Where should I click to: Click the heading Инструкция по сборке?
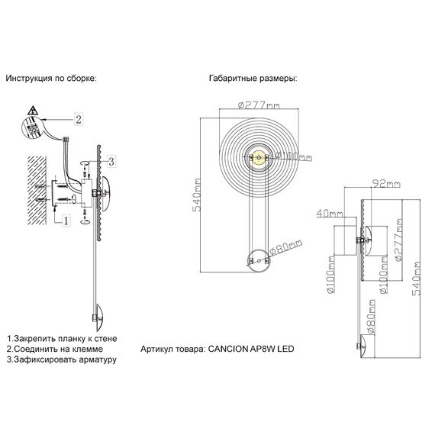tap(51, 79)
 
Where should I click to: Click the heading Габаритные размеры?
tap(252, 79)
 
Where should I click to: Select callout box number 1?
tap(66, 221)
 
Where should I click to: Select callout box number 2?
tap(78, 118)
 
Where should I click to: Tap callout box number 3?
tap(111, 160)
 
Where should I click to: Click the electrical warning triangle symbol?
tap(33, 111)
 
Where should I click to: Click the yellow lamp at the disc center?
tap(258, 159)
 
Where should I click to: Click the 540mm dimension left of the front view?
tap(198, 195)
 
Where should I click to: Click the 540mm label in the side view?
tap(419, 279)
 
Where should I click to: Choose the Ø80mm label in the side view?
tap(367, 321)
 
